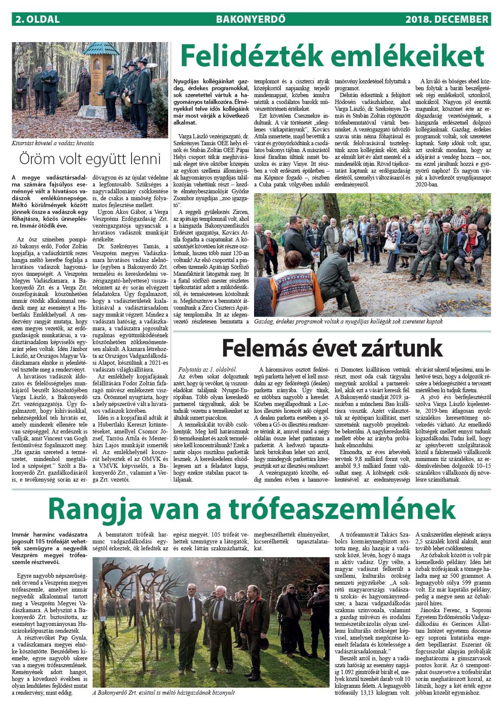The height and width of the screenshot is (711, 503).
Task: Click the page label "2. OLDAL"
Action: tap(37, 19)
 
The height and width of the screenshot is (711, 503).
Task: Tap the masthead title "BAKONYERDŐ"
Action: tap(251, 19)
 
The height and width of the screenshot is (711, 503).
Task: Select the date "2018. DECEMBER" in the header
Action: tap(447, 19)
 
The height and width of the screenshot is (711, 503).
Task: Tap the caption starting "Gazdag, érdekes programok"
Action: tap(349, 321)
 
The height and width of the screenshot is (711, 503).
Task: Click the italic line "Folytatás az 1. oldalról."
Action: tap(207, 369)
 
